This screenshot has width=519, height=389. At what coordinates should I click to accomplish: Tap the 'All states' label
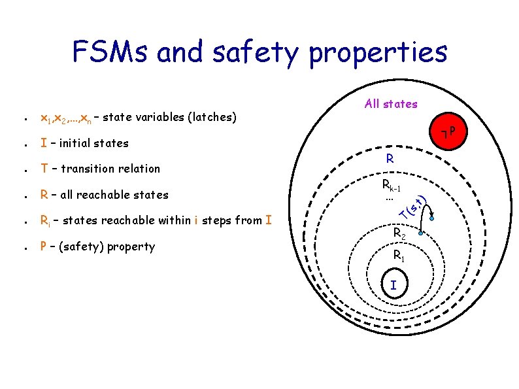(x=391, y=103)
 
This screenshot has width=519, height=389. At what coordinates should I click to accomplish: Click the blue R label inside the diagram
(x=390, y=158)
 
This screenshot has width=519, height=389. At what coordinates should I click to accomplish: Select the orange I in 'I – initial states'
(x=43, y=143)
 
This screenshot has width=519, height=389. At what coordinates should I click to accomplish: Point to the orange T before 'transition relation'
(x=44, y=169)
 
